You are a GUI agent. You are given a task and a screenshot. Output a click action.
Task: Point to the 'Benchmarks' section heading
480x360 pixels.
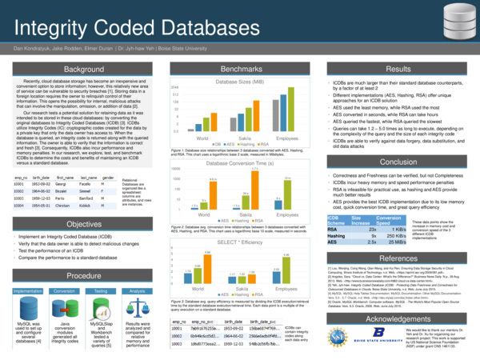240,71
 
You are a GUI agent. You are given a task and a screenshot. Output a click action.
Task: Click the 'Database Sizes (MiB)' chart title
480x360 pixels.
239,82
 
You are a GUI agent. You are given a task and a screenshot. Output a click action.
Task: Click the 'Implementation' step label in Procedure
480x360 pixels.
28,290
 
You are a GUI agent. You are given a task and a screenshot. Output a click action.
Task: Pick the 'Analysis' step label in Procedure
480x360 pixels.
138,290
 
